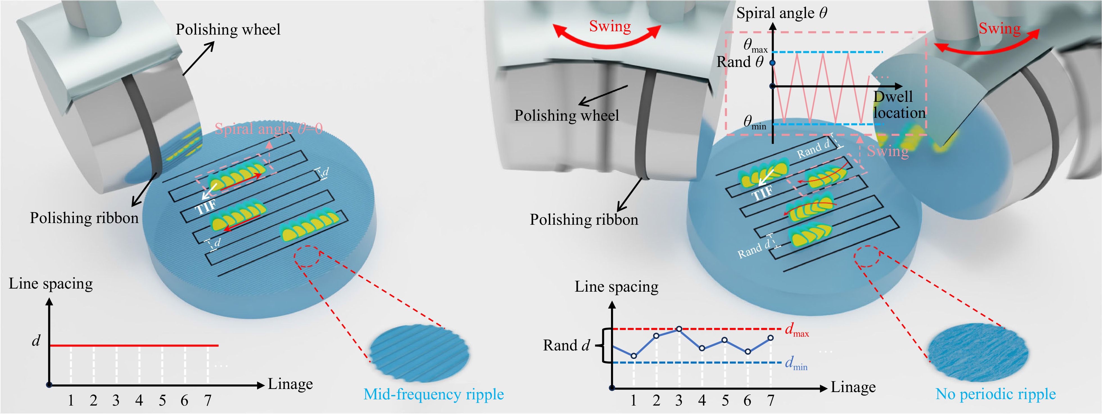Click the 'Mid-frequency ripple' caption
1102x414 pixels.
[433, 394]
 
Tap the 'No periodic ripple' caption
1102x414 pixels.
[995, 394]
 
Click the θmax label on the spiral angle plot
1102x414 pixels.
[755, 45]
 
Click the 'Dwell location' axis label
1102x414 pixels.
[898, 105]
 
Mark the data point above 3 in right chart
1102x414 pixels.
[679, 329]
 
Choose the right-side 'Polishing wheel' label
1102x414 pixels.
[566, 116]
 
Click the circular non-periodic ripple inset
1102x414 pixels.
[978, 353]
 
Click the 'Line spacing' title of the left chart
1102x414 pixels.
[51, 284]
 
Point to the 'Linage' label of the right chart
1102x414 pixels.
[853, 387]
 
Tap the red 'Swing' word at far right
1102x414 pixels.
[999, 29]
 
